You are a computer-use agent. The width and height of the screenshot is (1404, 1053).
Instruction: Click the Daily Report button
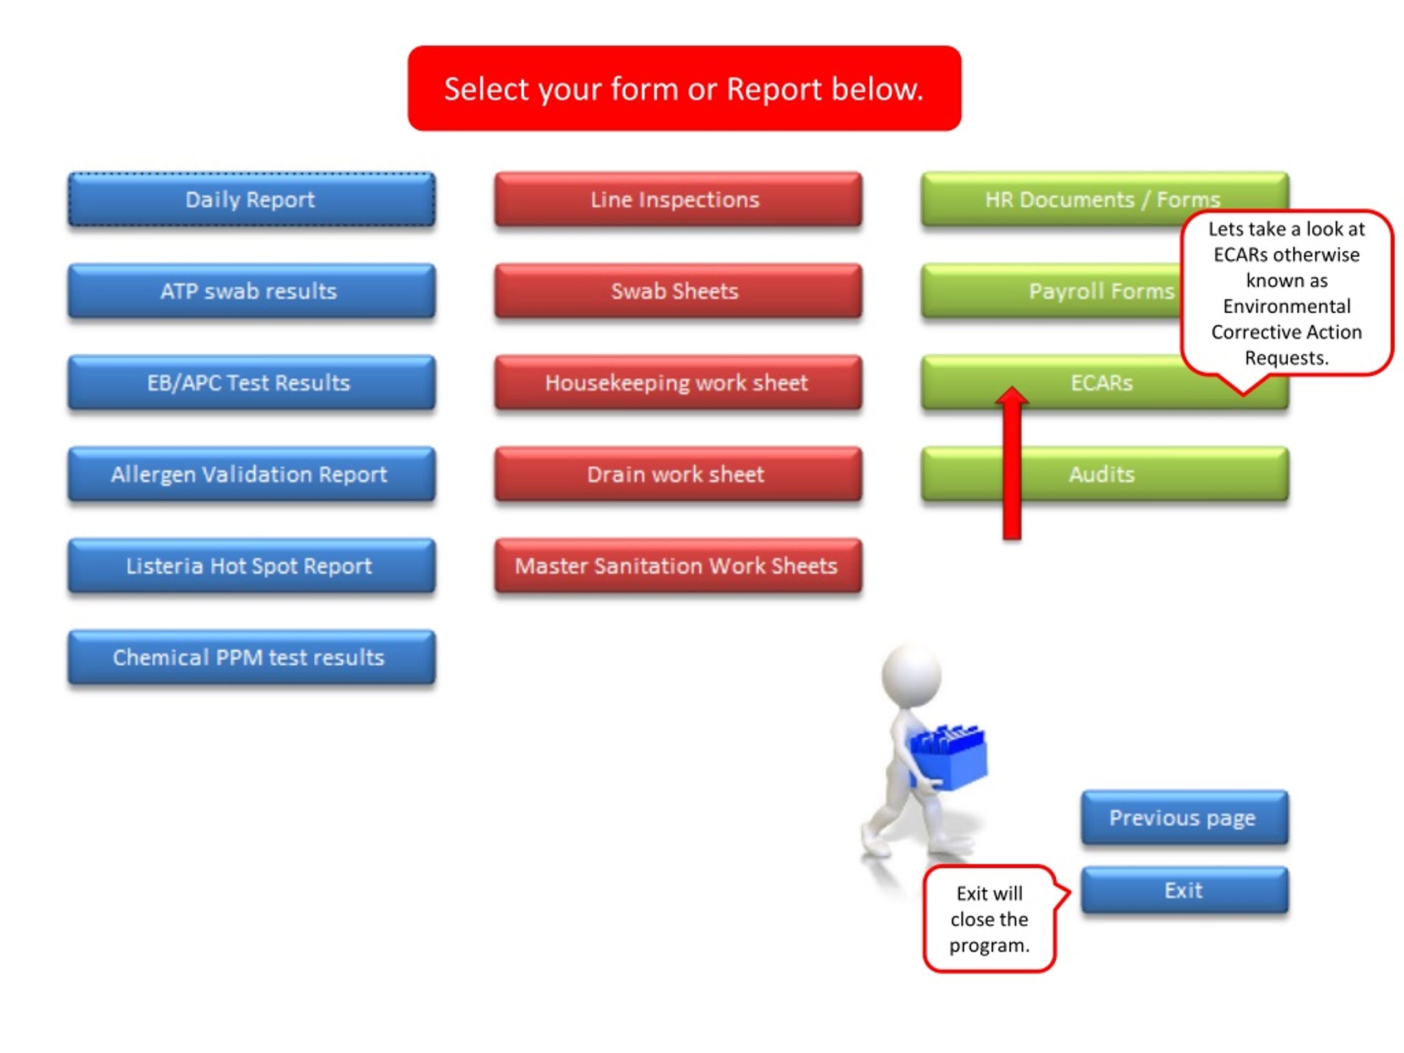coord(251,199)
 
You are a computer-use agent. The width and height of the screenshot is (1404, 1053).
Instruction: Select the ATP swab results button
coord(251,291)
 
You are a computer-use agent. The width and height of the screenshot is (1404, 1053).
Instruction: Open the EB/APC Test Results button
coord(251,382)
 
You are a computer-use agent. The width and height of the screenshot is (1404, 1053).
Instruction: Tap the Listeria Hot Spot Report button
coord(251,565)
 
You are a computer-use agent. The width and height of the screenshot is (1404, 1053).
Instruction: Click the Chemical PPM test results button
coord(251,657)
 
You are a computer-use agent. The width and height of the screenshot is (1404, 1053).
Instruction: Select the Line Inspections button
coord(678,199)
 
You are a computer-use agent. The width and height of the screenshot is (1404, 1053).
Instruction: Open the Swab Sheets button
coord(678,291)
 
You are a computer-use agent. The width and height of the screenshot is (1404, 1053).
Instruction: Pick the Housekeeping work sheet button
coord(678,382)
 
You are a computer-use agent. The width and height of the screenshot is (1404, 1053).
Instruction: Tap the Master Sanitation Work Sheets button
coord(678,565)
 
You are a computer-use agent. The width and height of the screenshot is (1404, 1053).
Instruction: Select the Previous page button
coord(1185,818)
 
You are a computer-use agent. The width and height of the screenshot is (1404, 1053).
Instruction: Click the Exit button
coord(1185,890)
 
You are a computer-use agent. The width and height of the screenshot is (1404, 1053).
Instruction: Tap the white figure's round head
coord(912,673)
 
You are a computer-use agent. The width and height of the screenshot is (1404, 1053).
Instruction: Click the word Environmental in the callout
coord(1287,306)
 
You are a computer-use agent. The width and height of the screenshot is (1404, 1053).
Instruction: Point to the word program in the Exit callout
coord(989,946)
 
